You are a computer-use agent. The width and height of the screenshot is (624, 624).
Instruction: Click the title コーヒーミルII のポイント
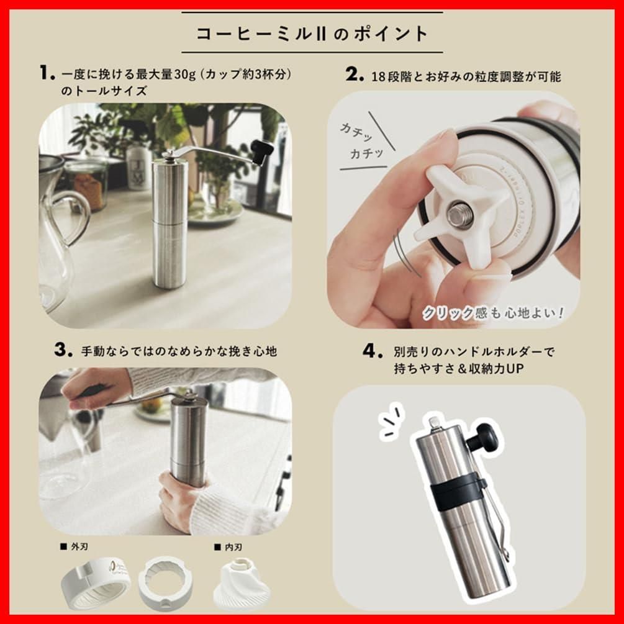pyautogui.click(x=312, y=33)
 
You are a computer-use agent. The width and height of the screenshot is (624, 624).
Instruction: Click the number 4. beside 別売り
pyautogui.click(x=371, y=351)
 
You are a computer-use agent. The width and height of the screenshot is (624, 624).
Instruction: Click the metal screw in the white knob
pyautogui.click(x=460, y=214)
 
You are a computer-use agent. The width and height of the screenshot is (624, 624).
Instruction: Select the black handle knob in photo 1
pyautogui.click(x=261, y=150)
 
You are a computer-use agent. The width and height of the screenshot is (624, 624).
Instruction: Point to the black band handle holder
pyautogui.click(x=458, y=491)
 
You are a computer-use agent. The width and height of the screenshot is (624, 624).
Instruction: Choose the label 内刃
pyautogui.click(x=228, y=547)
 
